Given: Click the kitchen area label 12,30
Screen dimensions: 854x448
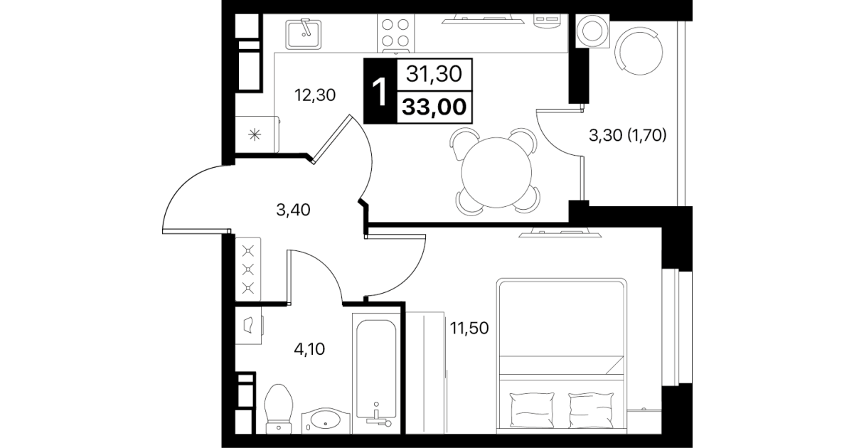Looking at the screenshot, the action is tap(315, 95).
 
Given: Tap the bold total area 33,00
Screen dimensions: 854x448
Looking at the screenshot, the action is tap(434, 107).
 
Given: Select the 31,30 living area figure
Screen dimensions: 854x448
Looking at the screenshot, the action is tap(434, 73).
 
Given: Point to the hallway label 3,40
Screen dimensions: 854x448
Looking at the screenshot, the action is tap(293, 210).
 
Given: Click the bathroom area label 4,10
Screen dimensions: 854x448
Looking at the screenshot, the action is tap(309, 349).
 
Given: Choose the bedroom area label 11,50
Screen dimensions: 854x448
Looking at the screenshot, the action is tap(469, 328).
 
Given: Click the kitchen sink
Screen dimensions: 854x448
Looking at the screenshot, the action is tap(304, 34).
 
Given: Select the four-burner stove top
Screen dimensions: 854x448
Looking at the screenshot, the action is tap(395, 33).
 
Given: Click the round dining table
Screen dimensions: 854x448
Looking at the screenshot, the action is tap(496, 172).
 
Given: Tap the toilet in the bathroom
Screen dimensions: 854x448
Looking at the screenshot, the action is tap(279, 409).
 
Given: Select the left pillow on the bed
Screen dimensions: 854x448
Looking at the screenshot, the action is tap(531, 410).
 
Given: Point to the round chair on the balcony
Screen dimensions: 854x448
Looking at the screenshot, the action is tap(639, 50).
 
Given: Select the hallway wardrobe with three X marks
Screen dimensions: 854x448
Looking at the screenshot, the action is tap(248, 270).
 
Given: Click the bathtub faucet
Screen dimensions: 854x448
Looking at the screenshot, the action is tap(378, 417).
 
